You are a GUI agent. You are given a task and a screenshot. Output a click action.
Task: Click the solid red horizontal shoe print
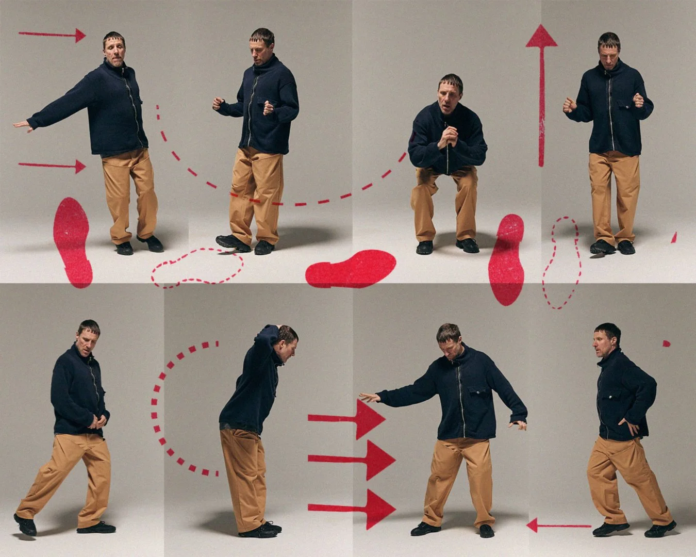point(350,268)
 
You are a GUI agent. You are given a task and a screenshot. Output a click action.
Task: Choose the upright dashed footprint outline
point(560,263)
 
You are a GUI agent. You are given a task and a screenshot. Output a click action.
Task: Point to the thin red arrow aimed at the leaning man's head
point(52,35)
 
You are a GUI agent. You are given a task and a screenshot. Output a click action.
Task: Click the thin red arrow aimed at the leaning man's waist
point(52,166)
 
